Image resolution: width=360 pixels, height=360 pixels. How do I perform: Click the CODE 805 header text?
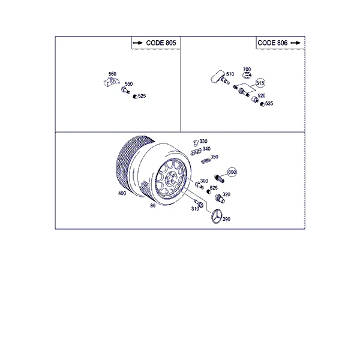point(161,43)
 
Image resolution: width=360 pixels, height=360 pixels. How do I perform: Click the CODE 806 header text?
point(272,43)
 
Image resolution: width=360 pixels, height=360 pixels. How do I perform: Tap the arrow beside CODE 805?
point(138,43)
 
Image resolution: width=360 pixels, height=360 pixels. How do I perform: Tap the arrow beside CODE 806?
point(296,43)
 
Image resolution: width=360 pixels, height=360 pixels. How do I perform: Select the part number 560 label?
point(112,74)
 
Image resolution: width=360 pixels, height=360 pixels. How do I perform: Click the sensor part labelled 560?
point(112,82)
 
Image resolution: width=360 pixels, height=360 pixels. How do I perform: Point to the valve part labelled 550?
point(125,90)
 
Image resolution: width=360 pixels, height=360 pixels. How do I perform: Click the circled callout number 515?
point(260,83)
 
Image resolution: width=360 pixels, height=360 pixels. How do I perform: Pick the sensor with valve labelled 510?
point(220,77)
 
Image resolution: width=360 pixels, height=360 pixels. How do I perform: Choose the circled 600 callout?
point(232,172)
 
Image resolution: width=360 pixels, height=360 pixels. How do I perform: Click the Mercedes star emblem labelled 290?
point(216,216)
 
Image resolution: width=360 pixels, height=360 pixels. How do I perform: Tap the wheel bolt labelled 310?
point(199,203)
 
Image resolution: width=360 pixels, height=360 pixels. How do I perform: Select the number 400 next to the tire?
point(122,193)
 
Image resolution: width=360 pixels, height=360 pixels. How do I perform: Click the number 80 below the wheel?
point(152,206)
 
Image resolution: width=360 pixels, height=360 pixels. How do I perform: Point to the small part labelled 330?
point(196,143)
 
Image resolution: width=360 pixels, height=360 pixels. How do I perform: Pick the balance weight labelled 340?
point(196,152)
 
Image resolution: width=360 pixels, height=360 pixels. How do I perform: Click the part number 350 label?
point(214,157)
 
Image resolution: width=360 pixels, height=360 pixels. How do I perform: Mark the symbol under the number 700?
point(247,75)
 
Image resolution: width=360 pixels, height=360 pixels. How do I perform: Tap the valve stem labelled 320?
point(220,199)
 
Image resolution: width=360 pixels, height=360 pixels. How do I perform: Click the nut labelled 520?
point(255,100)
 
